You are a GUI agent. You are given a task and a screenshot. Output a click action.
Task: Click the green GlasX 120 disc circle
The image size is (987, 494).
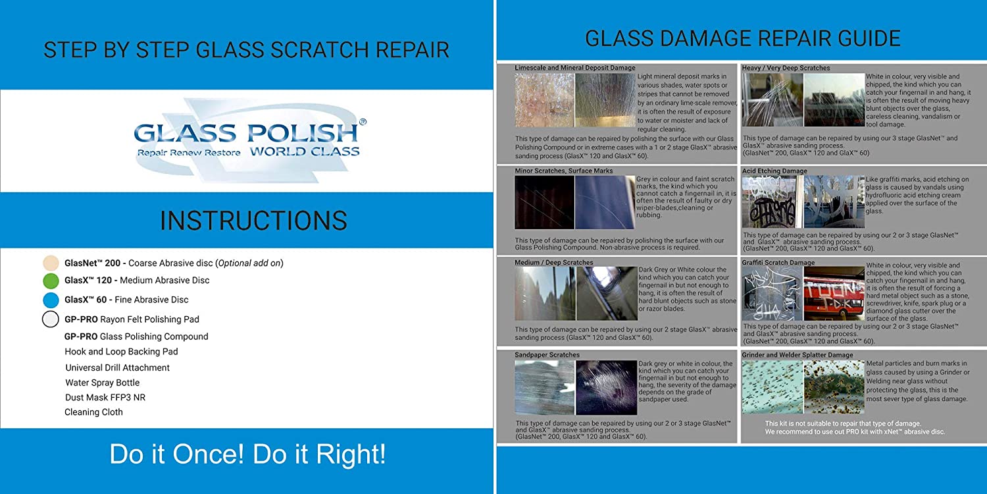pos(51,281)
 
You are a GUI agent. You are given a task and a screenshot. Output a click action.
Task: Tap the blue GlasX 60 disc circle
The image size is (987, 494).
pos(51,300)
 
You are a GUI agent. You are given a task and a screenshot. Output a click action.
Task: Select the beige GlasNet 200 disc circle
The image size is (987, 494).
pos(51,263)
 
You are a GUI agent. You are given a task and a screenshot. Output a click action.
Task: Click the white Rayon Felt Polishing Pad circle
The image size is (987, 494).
pos(51,319)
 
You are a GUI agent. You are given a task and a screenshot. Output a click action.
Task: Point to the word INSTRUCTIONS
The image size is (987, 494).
pos(253,221)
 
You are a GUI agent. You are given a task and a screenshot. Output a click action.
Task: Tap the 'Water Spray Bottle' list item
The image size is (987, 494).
pos(102,383)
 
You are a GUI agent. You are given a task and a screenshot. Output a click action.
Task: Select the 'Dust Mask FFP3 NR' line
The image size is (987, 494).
pos(105,397)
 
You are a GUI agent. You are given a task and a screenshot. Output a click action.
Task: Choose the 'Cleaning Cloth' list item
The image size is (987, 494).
pos(94,412)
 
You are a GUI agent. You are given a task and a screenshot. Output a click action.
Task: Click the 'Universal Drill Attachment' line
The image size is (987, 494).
pos(117,368)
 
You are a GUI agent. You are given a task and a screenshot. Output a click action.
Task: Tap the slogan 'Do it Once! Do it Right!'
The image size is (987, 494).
pos(247,454)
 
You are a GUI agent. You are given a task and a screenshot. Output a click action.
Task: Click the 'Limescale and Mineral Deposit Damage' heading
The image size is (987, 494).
pos(575,68)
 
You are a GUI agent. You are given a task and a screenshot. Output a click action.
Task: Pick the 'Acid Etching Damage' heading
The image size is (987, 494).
pos(774,171)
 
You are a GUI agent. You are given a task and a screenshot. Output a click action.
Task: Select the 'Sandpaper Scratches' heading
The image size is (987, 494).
pos(547,354)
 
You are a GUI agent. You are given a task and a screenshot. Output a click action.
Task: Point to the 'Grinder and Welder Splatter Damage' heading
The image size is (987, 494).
pos(797,354)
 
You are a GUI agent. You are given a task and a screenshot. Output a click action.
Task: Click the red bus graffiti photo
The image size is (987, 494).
pos(834,293)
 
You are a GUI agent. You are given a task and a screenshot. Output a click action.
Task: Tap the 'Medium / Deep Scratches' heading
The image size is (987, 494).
pos(554,262)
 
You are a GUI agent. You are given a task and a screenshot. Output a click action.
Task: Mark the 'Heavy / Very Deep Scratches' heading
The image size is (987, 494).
pos(786,68)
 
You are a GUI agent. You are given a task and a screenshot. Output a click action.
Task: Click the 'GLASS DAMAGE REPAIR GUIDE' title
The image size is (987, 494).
pos(742,39)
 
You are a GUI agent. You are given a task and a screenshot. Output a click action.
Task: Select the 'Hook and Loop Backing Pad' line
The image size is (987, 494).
pos(121,352)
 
